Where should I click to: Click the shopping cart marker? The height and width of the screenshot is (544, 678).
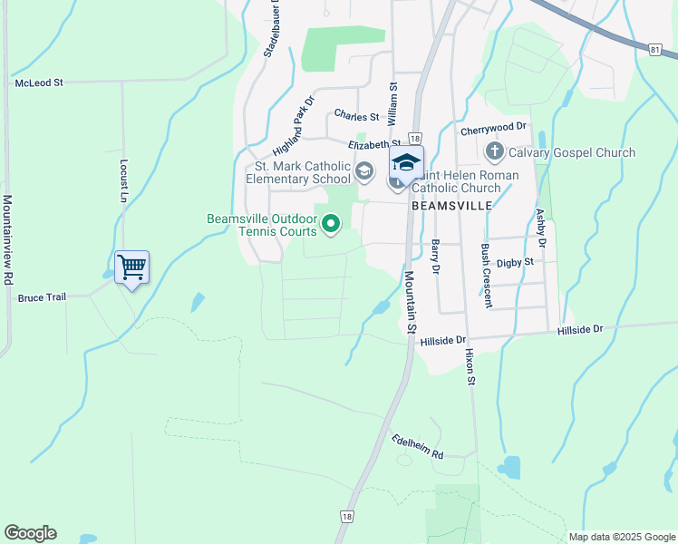coord(131,267)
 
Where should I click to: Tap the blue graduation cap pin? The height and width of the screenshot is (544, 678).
coord(406,162)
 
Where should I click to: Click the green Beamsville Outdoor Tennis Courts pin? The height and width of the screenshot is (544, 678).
coord(331,222)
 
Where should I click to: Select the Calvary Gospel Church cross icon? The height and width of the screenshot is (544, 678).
coord(494,151)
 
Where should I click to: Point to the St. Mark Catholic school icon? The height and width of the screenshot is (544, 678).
coord(364,170)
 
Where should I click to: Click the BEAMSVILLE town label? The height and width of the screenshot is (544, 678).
coord(451,206)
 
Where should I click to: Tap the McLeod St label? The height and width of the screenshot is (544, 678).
coord(39,83)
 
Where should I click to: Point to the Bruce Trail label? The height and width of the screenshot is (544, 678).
coord(43,297)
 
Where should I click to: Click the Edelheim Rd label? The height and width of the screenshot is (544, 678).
coord(417,446)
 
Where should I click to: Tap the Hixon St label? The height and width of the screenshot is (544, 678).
coord(470,366)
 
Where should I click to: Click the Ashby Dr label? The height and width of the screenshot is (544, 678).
coord(541,228)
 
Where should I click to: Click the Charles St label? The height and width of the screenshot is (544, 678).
coord(356,115)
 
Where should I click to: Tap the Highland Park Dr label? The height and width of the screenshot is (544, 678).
coord(292,126)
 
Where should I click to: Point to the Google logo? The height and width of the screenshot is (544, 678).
coord(30,533)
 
